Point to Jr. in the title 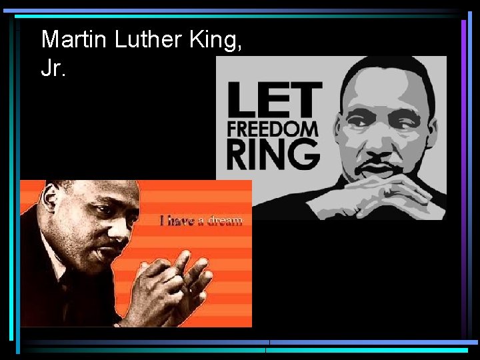(x=53, y=69)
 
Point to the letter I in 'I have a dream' (x=163, y=220)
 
